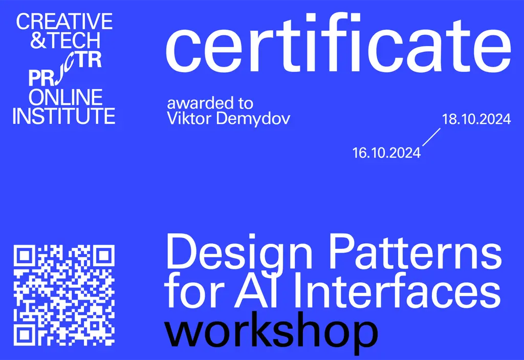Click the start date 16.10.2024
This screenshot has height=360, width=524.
point(386,153)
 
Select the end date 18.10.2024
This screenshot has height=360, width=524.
point(476,119)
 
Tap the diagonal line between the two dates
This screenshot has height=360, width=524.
point(431,137)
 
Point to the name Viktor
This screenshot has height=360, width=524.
point(185,119)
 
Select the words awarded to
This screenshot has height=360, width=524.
point(210,103)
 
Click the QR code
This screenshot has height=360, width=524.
point(64,294)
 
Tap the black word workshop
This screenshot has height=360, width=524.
point(271,332)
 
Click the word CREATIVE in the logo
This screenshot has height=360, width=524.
point(64,22)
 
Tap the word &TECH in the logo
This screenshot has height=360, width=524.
point(58,41)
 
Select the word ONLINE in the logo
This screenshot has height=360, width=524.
point(66,97)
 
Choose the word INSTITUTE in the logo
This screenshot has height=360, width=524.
point(64,116)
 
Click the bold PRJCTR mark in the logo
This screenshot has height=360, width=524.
point(65,70)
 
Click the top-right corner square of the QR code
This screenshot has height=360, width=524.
point(103,255)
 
